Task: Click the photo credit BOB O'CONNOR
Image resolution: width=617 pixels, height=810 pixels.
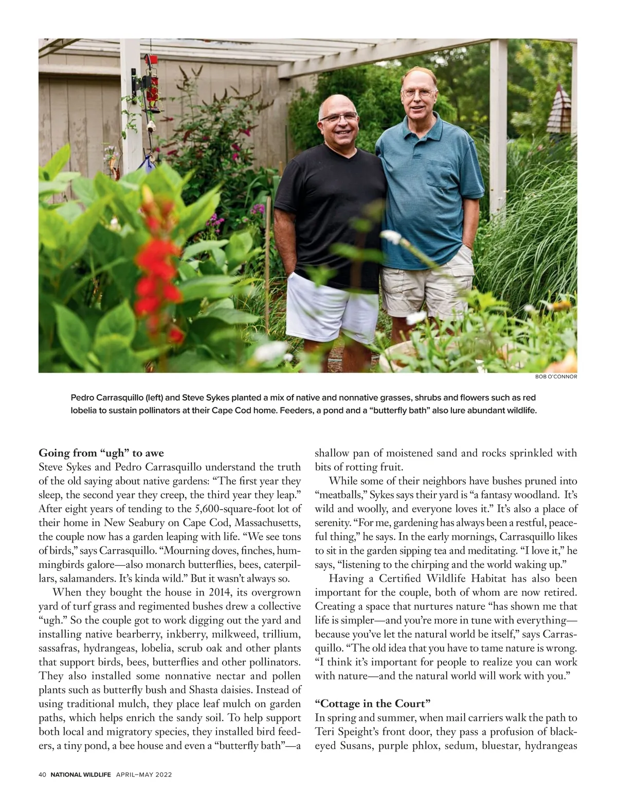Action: (556, 376)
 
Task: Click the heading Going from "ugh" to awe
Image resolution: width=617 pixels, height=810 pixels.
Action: (101, 453)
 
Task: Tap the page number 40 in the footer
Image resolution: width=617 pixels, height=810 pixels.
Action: (43, 775)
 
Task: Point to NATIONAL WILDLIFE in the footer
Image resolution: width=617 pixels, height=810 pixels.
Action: (81, 775)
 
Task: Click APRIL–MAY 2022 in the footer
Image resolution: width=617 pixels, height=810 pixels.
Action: (143, 775)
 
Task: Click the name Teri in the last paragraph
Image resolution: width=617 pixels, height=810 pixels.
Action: (325, 731)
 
